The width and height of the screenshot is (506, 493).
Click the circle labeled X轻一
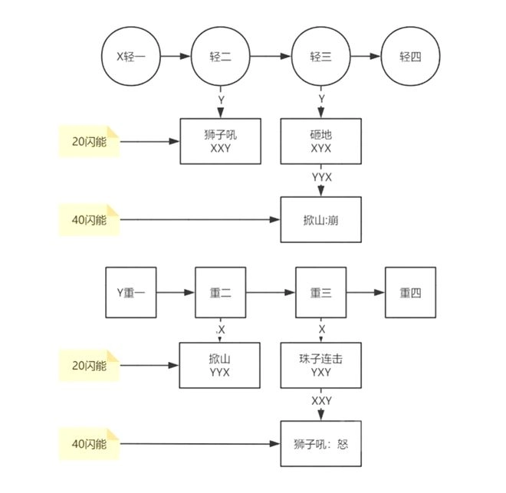(130, 56)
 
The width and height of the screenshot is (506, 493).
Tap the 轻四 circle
(408, 56)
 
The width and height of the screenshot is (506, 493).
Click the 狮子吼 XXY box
(219, 141)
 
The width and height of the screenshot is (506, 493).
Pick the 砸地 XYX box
(321, 141)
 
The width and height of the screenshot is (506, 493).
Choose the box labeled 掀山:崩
(321, 220)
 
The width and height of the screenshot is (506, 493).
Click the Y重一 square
(130, 292)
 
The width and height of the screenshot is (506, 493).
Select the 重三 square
(321, 292)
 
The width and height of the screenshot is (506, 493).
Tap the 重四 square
(410, 292)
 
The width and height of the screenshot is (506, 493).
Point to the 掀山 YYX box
(219, 365)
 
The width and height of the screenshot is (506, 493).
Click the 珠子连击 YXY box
(321, 365)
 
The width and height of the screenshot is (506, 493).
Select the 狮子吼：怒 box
(321, 444)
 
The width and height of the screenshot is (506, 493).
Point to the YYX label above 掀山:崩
(321, 177)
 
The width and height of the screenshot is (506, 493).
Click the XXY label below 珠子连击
(321, 401)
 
